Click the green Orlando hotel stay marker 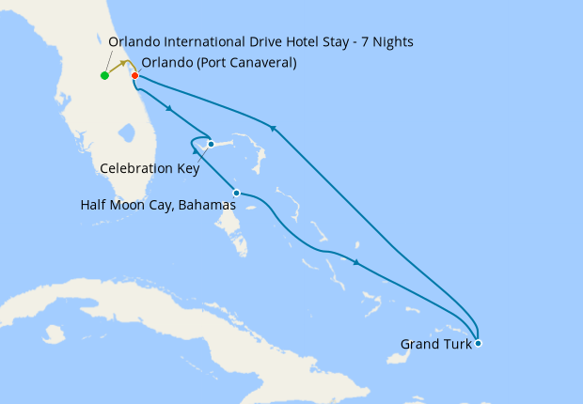tap(104, 75)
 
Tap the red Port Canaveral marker tap(134, 75)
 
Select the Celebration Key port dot tap(212, 144)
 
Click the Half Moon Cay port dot tap(236, 193)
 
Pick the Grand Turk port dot tap(479, 343)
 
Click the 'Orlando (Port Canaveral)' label tap(219, 63)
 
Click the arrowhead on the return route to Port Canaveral tap(273, 128)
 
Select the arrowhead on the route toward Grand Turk tap(356, 262)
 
